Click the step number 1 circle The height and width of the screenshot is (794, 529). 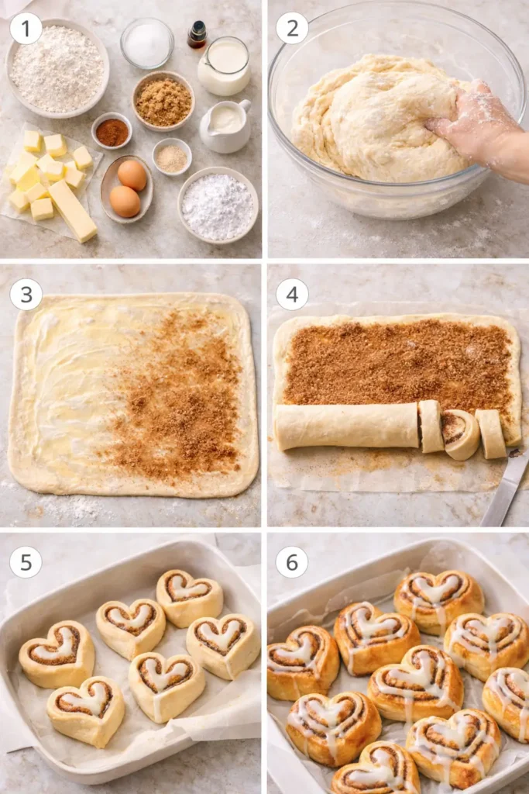26,29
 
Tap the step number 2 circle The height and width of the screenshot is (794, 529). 292,29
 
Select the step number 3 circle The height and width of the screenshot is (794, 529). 26,295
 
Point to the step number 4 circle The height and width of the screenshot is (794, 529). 292,295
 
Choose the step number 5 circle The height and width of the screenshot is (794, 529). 26,561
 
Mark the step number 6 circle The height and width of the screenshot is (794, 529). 292,561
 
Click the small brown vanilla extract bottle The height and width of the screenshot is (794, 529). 198,35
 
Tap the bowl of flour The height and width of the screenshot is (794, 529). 57,68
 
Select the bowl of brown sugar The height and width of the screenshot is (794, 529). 163,102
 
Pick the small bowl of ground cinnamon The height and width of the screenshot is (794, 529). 112,132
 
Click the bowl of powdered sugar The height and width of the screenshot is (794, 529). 218,205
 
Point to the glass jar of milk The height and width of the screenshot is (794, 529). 224,67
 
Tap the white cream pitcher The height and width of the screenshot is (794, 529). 225,125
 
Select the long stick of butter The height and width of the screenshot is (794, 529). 73,210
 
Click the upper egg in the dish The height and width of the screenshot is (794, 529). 132,176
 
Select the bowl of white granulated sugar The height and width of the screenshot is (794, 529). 147,43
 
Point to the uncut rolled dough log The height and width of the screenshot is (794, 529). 346,426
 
